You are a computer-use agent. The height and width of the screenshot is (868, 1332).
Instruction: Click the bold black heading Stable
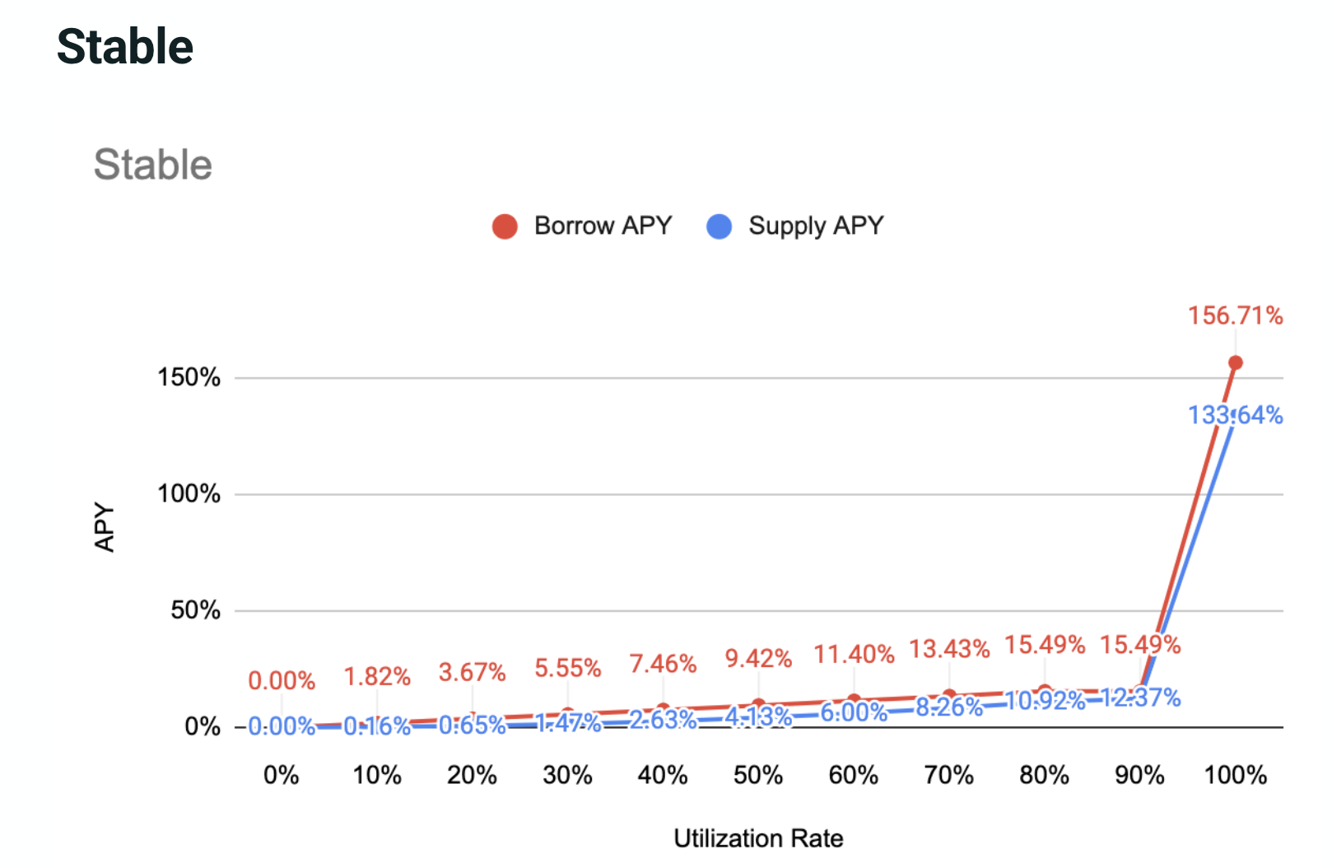pos(125,46)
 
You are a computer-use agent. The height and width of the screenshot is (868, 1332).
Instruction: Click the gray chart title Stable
pos(153,165)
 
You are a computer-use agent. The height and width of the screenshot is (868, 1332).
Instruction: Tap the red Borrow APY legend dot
pos(505,226)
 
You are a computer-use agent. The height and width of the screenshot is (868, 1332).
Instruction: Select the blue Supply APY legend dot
pos(719,226)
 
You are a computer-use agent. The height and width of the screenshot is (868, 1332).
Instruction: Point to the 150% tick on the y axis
pos(189,378)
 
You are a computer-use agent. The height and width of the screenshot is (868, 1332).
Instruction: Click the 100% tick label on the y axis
pos(189,494)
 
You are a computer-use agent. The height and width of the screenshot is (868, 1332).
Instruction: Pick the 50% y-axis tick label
pos(195,610)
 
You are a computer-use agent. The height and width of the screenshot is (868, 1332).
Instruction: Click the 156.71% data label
pos(1235,315)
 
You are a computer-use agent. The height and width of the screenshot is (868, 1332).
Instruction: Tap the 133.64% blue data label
pos(1235,415)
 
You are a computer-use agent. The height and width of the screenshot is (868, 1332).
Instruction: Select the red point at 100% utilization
pos(1235,362)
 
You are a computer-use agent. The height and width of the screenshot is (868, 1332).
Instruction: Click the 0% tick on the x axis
pos(281,775)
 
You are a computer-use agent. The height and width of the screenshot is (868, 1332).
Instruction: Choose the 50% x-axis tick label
pos(758,775)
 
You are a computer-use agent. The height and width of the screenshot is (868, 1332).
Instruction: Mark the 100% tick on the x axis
pos(1235,775)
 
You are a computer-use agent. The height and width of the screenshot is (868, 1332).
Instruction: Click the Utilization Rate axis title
pos(758,838)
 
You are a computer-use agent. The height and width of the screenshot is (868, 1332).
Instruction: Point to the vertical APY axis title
pos(105,527)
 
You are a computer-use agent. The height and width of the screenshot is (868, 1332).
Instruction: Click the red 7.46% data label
pos(663,664)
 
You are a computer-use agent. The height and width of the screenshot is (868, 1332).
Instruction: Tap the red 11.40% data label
pos(854,655)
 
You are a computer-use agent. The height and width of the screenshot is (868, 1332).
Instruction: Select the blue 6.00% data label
pos(854,712)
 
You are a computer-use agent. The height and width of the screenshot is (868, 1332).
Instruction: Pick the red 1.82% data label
pos(377,677)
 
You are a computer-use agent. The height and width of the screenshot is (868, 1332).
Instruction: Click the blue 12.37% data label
pos(1140,698)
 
